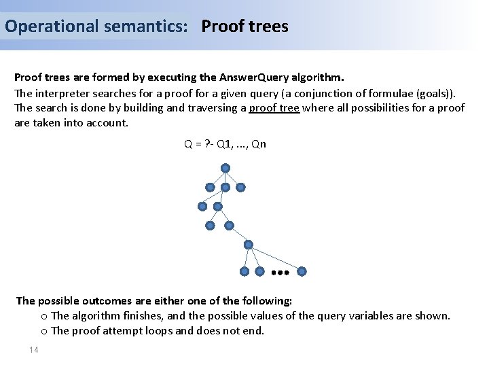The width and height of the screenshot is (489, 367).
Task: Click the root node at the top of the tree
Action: pos(225,168)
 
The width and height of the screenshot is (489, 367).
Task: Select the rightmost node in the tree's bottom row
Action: pos(302,271)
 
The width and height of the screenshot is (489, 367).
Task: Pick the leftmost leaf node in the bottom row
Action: pos(244,271)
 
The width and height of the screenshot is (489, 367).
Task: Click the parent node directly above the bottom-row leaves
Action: pos(249,245)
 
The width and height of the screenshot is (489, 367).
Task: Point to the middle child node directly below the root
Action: pos(225,187)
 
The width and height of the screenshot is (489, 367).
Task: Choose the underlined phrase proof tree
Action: pos(274,107)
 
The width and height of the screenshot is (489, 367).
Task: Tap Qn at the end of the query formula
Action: pos(258,144)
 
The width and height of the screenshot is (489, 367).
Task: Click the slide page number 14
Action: pos(34,349)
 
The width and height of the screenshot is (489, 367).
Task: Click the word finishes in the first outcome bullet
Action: pos(139,315)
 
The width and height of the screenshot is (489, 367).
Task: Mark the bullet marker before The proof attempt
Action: pos(44,331)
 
